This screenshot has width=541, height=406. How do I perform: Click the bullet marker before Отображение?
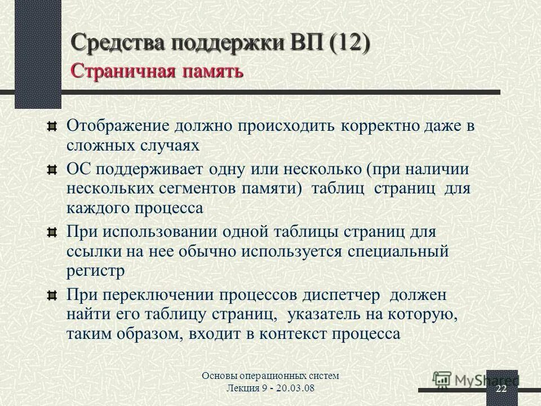point(52,126)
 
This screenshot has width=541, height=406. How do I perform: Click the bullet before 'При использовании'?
point(52,232)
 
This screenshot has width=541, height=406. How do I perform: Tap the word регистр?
point(95,270)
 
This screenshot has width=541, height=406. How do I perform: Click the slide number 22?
point(501,390)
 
